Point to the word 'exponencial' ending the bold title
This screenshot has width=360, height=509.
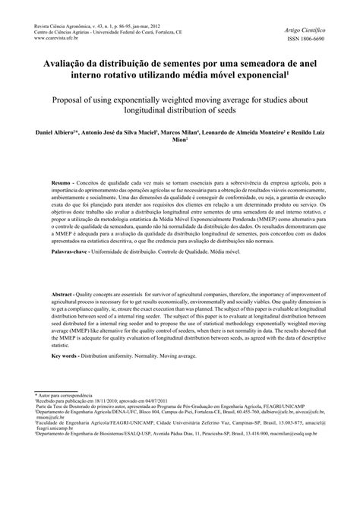(254, 77)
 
